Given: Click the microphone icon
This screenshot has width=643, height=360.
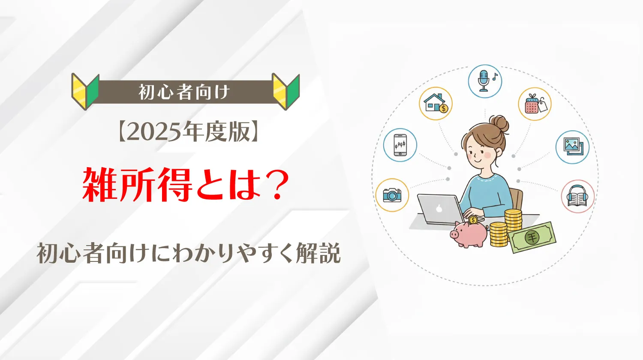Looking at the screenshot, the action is (x=485, y=81).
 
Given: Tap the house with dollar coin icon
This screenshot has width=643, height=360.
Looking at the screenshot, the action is (x=436, y=103).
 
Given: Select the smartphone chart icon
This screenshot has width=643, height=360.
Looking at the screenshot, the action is (x=400, y=145).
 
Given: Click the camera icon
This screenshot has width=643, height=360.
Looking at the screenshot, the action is (x=392, y=195).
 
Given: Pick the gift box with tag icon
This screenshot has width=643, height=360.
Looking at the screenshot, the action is (x=535, y=104).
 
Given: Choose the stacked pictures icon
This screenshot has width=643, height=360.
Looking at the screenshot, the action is (x=572, y=147).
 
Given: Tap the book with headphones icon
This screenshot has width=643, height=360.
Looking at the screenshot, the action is (x=578, y=196).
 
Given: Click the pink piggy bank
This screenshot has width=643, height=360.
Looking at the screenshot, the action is (x=469, y=234).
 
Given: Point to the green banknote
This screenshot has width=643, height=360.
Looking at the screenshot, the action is (x=532, y=237).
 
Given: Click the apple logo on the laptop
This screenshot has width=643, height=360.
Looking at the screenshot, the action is (x=439, y=208).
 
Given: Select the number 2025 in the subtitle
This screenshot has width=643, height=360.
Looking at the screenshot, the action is (x=156, y=132).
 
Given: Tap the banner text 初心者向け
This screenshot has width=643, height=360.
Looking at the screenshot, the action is (x=185, y=92).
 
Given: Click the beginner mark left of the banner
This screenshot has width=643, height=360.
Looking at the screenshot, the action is (x=85, y=92).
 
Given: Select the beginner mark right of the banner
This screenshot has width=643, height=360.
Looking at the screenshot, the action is (x=286, y=92).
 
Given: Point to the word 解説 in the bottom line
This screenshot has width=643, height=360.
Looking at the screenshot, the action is (x=318, y=253).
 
